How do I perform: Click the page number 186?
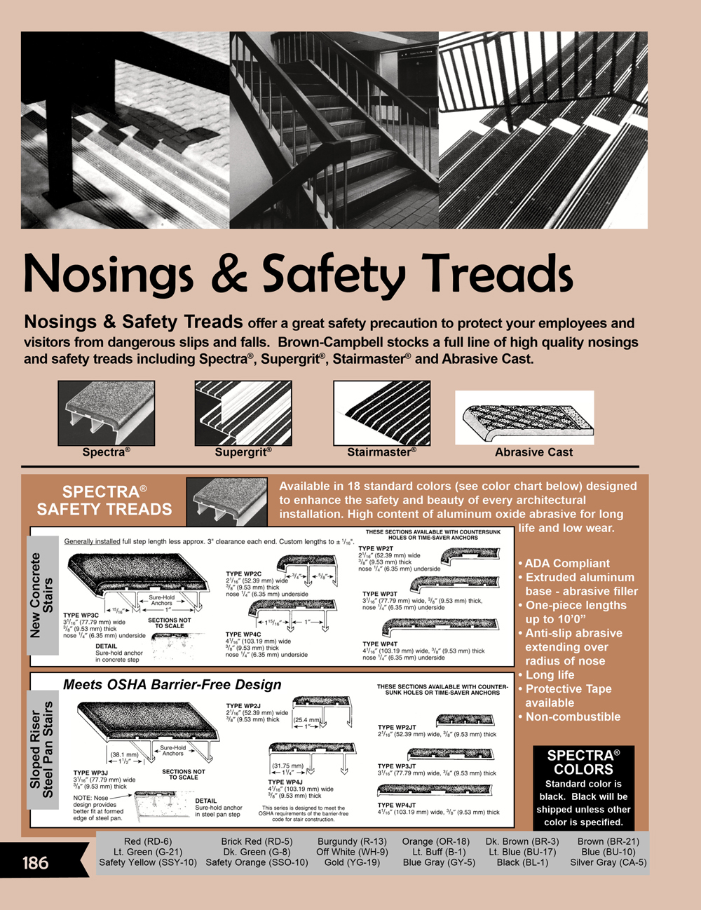(35, 862)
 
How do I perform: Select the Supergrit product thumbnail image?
(243, 413)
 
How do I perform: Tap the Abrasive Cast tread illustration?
(524, 417)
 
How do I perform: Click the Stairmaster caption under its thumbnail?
(381, 452)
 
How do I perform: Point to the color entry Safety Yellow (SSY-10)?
(148, 862)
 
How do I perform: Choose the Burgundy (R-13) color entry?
(352, 841)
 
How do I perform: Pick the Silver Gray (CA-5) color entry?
(608, 862)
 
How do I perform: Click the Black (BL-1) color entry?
(522, 862)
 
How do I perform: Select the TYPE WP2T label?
(376, 549)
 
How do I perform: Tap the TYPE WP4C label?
(243, 634)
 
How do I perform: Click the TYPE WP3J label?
(90, 773)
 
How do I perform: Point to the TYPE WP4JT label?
(396, 806)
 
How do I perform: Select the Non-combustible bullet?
(572, 717)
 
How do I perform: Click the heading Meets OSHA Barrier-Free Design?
(172, 685)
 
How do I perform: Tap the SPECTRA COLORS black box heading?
(583, 762)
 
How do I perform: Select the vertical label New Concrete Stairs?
(41, 595)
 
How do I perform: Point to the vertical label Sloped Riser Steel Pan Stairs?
(41, 749)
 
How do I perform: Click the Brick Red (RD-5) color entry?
(257, 841)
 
